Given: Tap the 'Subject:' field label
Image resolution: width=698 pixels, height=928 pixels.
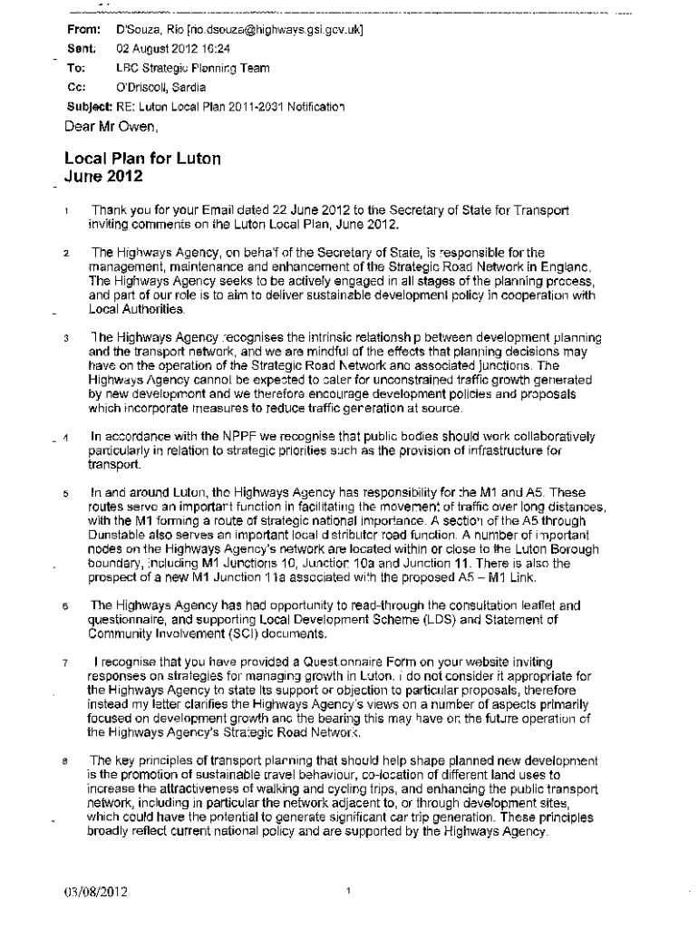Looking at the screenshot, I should click(x=87, y=107).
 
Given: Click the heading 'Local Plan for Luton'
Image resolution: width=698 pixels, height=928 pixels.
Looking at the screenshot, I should click(x=142, y=159).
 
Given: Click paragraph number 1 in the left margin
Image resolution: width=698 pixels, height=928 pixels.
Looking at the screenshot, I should click(x=67, y=212).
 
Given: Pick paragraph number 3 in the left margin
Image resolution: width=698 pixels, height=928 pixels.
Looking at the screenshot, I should click(x=67, y=339).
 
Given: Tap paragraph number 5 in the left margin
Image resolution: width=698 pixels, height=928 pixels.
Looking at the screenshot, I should click(x=67, y=493).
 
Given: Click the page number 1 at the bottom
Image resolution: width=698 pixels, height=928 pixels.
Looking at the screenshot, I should click(x=349, y=892).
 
